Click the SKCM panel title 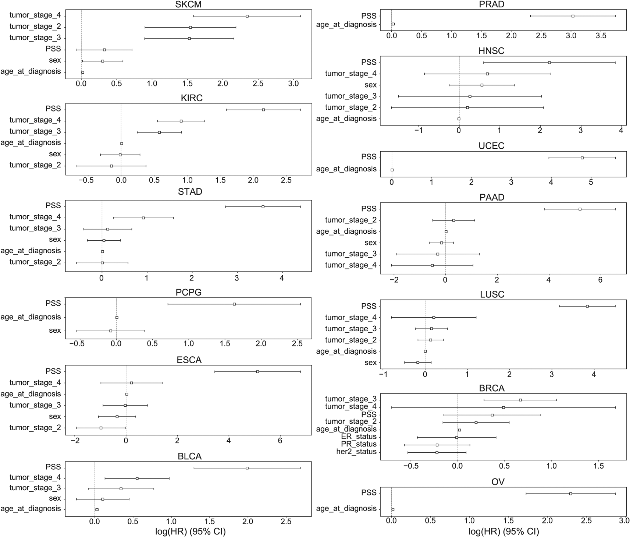click(x=188, y=4)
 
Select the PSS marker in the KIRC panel click(x=263, y=110)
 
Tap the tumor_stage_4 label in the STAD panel click(x=35, y=217)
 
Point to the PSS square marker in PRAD click(x=573, y=16)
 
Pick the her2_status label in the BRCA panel click(x=356, y=452)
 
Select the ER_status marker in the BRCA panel click(x=457, y=438)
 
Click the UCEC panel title click(x=491, y=146)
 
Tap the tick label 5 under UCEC click(x=591, y=183)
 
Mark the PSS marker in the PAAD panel click(x=580, y=209)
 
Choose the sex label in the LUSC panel click(x=371, y=363)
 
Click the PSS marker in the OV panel click(x=571, y=494)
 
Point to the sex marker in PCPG click(x=111, y=331)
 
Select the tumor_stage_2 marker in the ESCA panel click(x=101, y=428)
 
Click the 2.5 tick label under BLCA click(x=286, y=522)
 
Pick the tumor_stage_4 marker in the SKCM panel click(x=247, y=16)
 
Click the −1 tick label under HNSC click(x=419, y=130)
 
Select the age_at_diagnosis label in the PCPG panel click(x=31, y=317)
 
